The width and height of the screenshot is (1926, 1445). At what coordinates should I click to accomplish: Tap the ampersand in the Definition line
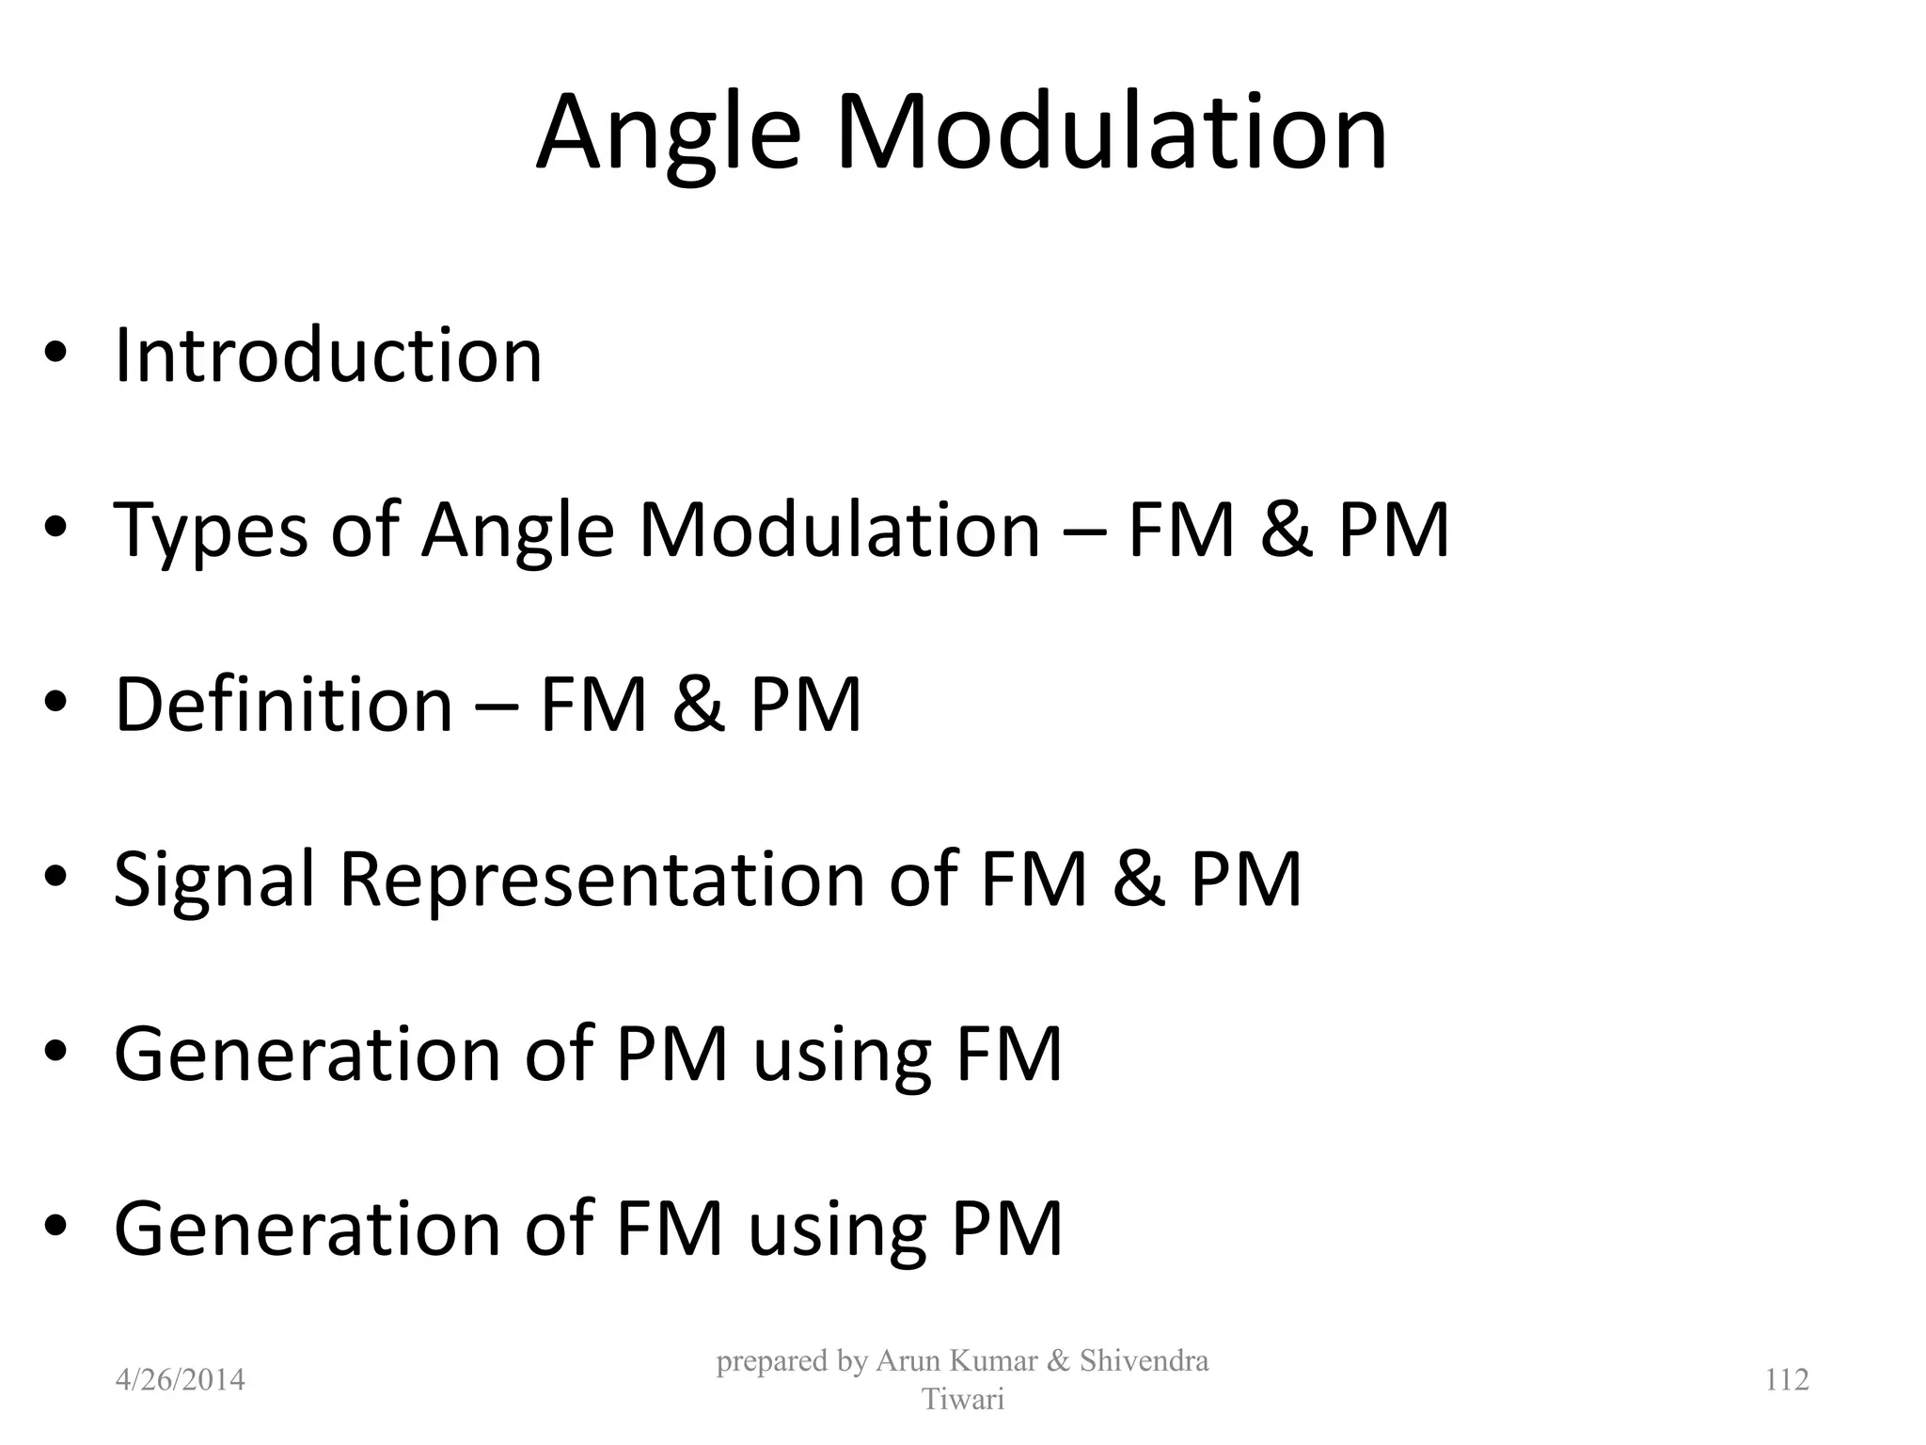point(699,705)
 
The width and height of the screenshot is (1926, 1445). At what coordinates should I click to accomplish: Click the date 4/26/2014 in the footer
point(180,1379)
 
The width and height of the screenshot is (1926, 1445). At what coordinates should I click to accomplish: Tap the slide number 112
point(1787,1379)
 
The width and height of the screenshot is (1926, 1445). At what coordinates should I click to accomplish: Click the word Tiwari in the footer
point(963,1399)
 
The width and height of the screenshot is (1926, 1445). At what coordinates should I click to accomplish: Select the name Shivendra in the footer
point(1144,1360)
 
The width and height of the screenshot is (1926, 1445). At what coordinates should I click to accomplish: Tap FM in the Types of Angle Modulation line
point(1180,530)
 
